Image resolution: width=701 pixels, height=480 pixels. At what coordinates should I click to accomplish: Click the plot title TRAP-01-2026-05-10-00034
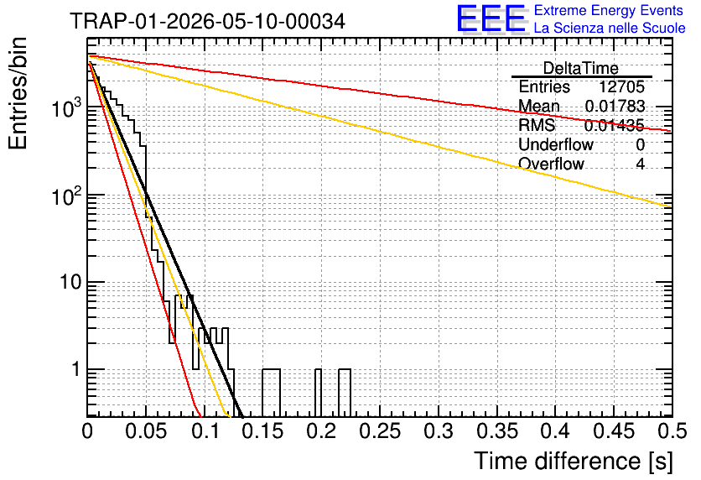tap(207, 21)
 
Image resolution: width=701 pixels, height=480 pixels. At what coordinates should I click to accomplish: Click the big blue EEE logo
tap(491, 19)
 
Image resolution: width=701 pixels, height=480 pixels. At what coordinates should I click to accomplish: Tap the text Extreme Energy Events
tap(609, 10)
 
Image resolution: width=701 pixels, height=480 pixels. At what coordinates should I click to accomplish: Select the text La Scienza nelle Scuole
tap(610, 28)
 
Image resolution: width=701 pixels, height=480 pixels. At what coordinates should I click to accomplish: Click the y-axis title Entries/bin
tap(18, 93)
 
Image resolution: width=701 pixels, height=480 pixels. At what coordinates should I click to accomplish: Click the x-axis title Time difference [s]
tap(574, 461)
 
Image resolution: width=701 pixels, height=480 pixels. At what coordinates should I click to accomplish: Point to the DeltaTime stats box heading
tap(581, 68)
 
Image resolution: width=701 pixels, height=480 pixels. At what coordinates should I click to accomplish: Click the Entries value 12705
tap(621, 86)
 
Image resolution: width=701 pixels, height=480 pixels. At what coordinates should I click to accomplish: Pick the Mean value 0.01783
tap(615, 106)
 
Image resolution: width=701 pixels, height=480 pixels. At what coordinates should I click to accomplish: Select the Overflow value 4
tap(640, 164)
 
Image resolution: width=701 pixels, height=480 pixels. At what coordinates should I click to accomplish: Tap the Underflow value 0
tap(640, 144)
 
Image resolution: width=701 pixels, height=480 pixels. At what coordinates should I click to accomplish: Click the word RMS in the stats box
tap(537, 125)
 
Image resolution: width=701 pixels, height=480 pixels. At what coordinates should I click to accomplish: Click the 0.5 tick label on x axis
tap(672, 431)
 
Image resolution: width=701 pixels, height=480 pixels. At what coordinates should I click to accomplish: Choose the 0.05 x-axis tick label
tap(146, 431)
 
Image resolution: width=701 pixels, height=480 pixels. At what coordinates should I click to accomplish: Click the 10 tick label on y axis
tap(70, 282)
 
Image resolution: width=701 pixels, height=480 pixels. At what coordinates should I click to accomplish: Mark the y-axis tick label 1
tap(76, 369)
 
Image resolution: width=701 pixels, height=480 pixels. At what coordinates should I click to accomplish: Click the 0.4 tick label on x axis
tap(555, 431)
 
